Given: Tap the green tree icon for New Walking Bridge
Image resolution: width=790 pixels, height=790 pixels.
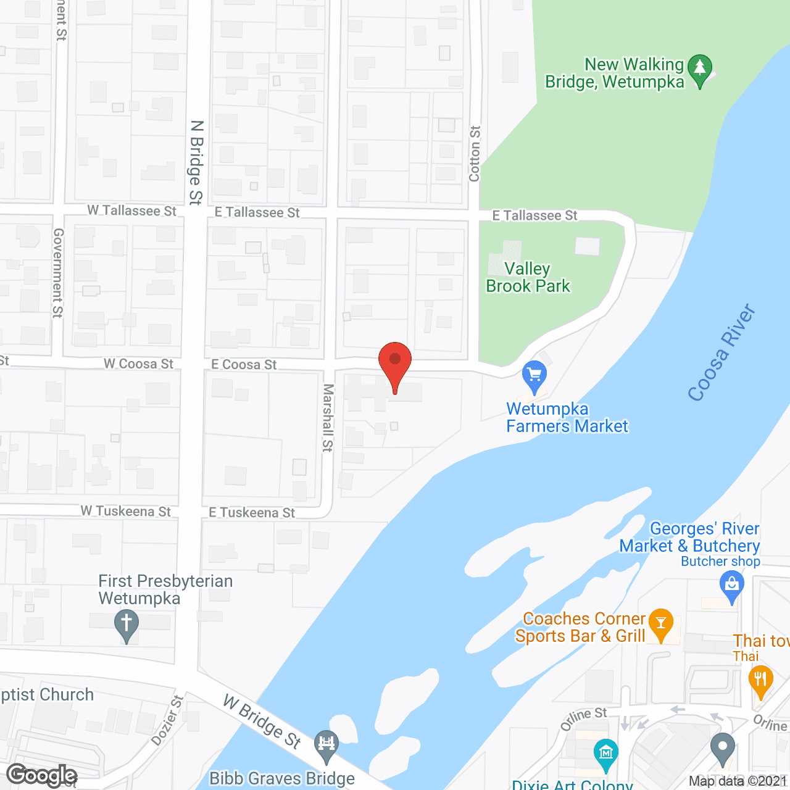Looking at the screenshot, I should click(700, 69).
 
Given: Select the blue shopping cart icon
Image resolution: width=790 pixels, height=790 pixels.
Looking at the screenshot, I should click(534, 376).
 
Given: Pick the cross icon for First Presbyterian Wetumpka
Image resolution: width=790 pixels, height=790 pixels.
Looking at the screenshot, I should click(127, 625).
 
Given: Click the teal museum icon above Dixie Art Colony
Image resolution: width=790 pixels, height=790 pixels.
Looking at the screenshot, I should click(605, 754).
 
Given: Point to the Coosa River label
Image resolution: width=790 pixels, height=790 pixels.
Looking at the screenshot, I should click(722, 352).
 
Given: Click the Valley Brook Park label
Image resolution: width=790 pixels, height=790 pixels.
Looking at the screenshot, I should click(528, 278).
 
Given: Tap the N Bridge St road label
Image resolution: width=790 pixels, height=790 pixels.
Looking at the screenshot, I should click(196, 162).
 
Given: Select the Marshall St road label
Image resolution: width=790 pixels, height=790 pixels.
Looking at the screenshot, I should click(328, 417).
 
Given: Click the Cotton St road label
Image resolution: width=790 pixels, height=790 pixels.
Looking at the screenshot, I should click(475, 154).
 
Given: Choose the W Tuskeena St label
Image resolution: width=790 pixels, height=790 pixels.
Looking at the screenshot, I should click(126, 512).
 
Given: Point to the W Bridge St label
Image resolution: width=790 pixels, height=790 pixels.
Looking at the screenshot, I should click(262, 721).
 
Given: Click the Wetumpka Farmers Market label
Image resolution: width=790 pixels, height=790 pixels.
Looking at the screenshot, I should click(567, 418).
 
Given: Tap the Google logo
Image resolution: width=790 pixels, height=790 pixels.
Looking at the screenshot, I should click(42, 775).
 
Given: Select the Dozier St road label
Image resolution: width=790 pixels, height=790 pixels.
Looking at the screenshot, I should click(167, 720).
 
